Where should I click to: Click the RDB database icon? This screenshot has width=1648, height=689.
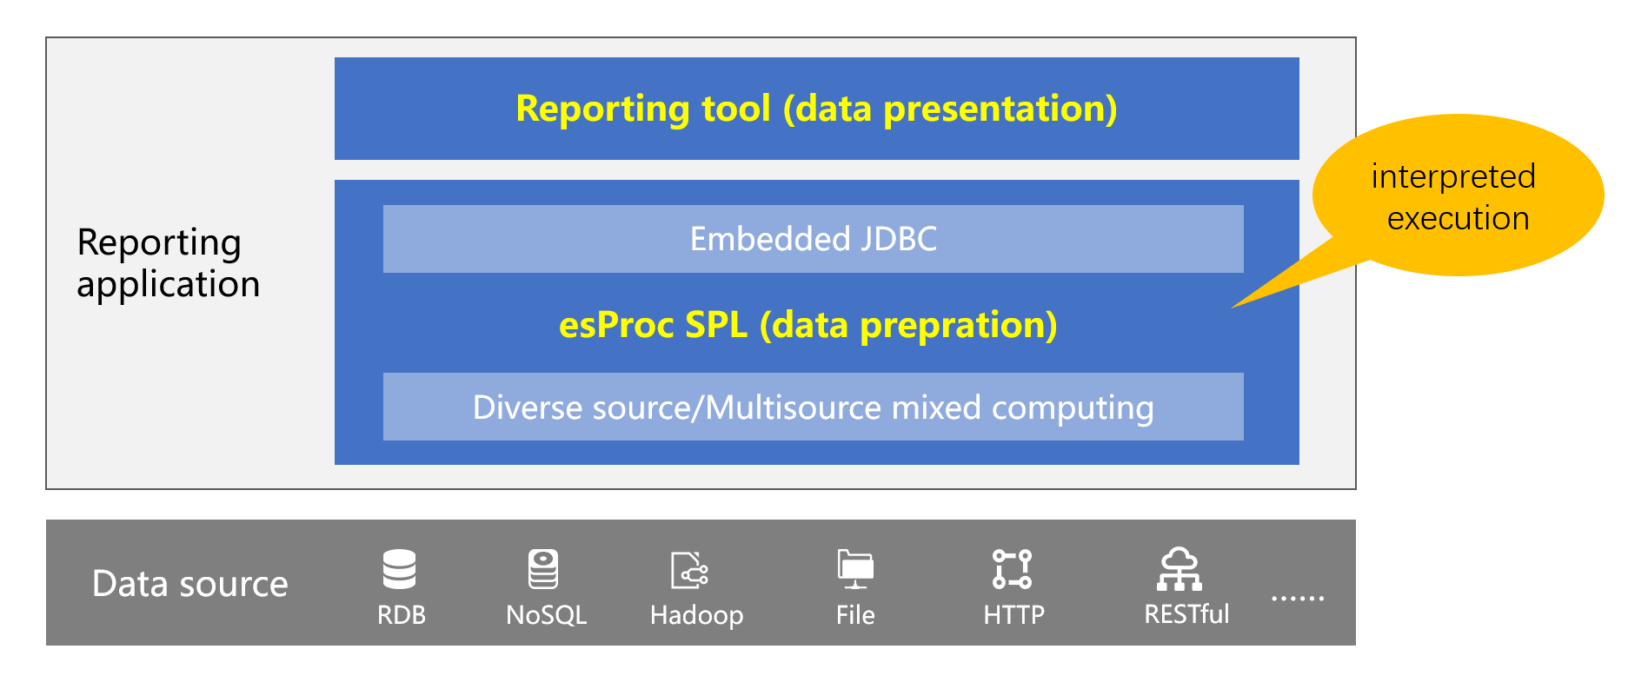pyautogui.click(x=400, y=569)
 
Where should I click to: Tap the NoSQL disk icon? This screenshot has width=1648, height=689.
pyautogui.click(x=543, y=569)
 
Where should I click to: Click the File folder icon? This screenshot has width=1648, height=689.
pyautogui.click(x=855, y=569)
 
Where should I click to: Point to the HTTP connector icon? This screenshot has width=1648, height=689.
pyautogui.click(x=1013, y=569)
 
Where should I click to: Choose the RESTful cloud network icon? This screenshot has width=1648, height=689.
pyautogui.click(x=1180, y=569)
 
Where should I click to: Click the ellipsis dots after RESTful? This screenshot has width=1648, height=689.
pyautogui.click(x=1298, y=598)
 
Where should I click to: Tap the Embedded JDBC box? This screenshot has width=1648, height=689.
pyautogui.click(x=814, y=239)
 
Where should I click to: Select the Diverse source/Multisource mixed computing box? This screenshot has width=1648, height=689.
pyautogui.click(x=814, y=407)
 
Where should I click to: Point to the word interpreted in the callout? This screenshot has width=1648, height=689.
pyautogui.click(x=1453, y=177)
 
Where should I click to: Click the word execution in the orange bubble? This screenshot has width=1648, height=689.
pyautogui.click(x=1458, y=218)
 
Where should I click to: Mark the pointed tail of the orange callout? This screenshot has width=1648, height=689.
pyautogui.click(x=1232, y=308)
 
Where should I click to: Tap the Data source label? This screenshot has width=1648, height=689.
pyautogui.click(x=189, y=584)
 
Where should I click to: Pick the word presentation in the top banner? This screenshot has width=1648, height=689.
pyautogui.click(x=1000, y=109)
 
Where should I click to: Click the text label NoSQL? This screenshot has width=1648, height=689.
pyautogui.click(x=546, y=615)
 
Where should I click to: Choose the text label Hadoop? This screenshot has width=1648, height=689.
pyautogui.click(x=696, y=615)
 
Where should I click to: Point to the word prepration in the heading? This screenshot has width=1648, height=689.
pyautogui.click(x=958, y=326)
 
